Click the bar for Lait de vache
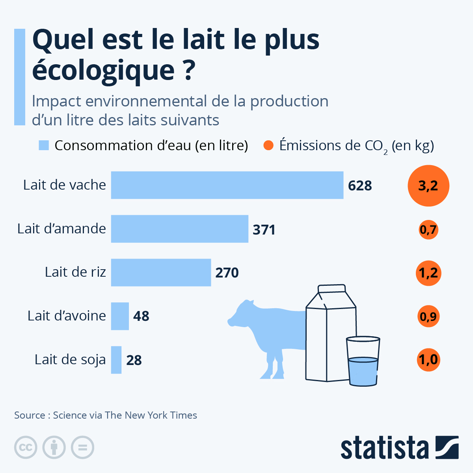227,185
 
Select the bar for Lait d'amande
180,229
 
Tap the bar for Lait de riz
161,272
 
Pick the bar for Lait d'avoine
120,316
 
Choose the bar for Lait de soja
116,360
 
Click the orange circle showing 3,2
428,186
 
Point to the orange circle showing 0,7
428,229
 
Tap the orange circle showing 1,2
428,273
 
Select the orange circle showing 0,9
428,316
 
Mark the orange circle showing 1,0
428,360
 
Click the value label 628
360,186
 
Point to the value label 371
264,229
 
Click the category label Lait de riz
75,272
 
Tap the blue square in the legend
44,145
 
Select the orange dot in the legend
268,145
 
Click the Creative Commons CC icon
26,447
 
